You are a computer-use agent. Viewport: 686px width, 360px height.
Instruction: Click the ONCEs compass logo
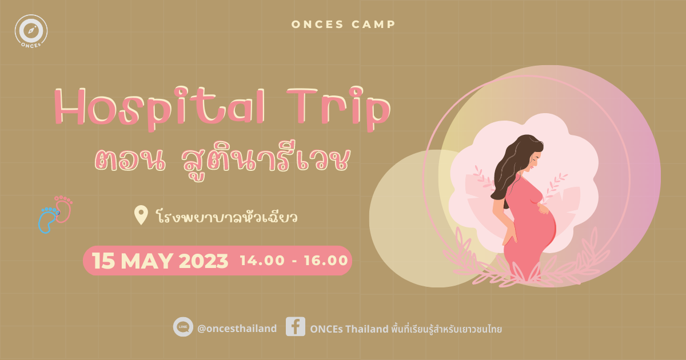click(31, 31)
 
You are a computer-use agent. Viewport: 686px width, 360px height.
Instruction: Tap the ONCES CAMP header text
click(343, 25)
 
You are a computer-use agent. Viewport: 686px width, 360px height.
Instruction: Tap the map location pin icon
click(141, 215)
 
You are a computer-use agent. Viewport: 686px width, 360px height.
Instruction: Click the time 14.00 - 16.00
click(294, 261)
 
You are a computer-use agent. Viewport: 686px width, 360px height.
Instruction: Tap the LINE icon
click(183, 327)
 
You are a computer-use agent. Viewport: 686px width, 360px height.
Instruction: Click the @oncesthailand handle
click(236, 329)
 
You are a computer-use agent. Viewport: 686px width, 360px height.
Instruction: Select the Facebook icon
click(295, 327)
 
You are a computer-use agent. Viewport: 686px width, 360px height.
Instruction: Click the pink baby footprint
click(65, 209)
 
